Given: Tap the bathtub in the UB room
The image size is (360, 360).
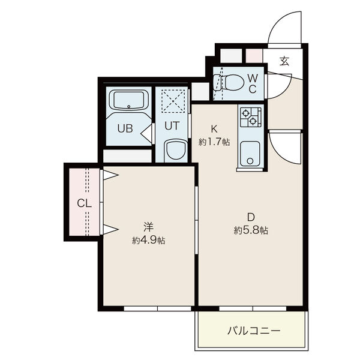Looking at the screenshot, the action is [128, 100].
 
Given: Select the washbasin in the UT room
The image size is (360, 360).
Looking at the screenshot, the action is [176, 150].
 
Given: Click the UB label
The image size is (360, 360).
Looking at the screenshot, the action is [125, 128].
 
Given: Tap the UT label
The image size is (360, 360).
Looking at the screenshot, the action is [172, 126].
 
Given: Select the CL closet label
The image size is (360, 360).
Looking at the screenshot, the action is [84, 203].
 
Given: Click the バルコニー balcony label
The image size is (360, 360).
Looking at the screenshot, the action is [254, 331].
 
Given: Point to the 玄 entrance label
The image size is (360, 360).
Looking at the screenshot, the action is [284, 61].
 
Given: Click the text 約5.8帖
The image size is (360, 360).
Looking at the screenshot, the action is [251, 230].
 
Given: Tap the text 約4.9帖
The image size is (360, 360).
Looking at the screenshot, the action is [148, 241].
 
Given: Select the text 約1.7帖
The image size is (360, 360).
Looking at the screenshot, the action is [214, 142].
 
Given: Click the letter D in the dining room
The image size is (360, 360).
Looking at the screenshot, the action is [251, 217].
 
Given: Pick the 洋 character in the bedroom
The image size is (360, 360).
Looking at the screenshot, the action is [149, 227].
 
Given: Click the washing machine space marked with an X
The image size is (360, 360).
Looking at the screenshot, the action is [173, 101].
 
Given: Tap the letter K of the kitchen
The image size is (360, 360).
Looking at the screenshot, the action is [214, 129].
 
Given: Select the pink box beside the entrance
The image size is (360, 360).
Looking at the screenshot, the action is [254, 56].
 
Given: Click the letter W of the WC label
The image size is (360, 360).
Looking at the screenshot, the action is [253, 78].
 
